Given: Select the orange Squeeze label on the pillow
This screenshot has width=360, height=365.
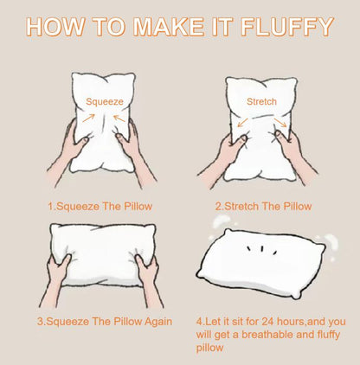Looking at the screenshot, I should pos(103,101).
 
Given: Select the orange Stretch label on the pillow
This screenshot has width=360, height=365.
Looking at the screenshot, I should pos(261,101).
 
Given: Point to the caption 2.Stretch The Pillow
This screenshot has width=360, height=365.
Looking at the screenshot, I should pos(263,207).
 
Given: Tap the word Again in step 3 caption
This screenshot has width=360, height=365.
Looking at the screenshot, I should pos(153,321).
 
